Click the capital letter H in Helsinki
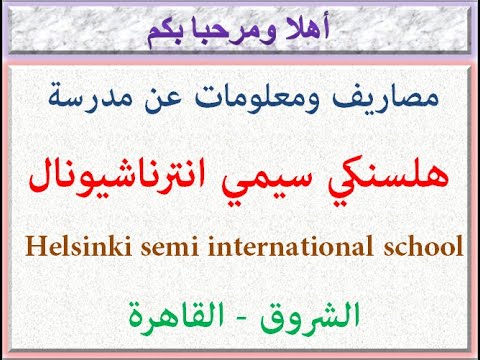point(24,246)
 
